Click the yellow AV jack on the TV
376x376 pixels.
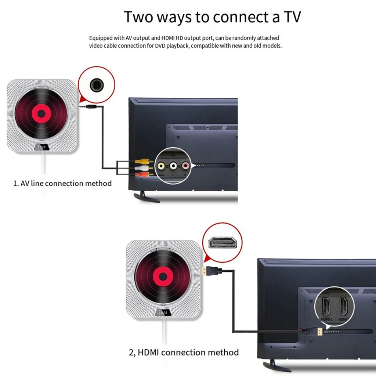pos(161,166)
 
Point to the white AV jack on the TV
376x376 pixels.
pos(173,166)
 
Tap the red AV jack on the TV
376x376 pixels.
pos(185,166)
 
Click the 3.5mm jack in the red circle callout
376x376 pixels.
pos(97,85)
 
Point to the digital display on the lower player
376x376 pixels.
pos(162,312)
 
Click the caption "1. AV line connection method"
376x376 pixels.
pos(62,183)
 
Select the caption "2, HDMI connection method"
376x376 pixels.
pos(184,352)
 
